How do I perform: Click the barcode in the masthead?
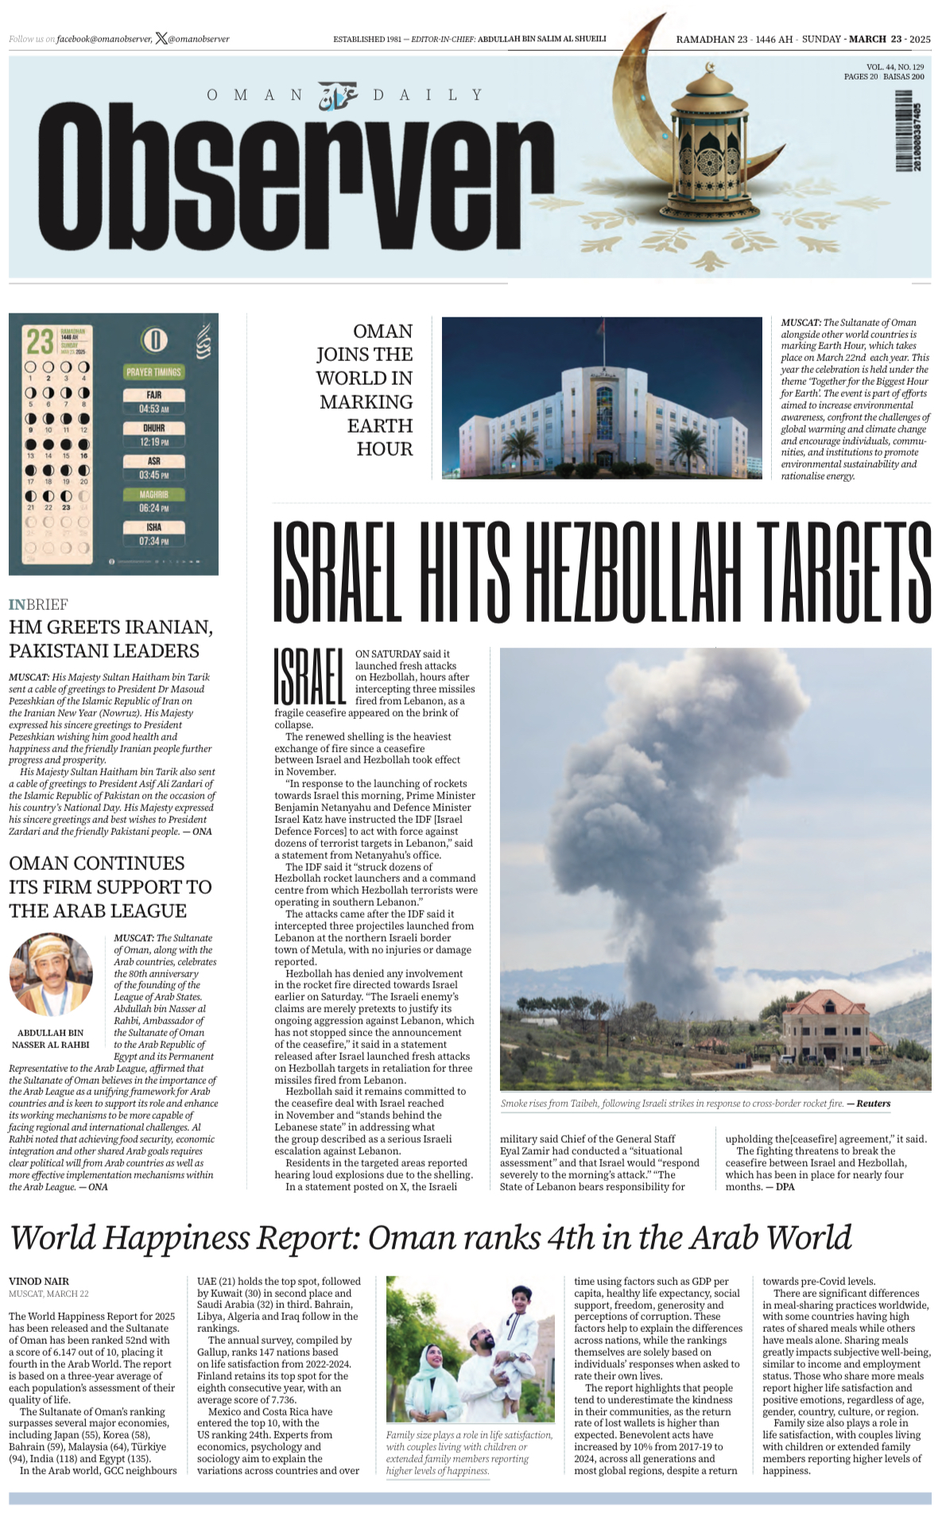tap(905, 131)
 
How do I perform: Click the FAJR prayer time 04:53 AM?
tap(154, 409)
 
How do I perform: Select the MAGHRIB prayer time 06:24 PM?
tap(154, 507)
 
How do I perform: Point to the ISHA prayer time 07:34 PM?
tap(154, 541)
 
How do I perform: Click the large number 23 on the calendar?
tap(40, 342)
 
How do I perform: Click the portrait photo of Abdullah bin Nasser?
tap(51, 975)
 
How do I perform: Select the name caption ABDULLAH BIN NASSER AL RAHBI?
tap(51, 1038)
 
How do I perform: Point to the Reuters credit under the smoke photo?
tap(873, 1104)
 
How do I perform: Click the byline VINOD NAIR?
tap(39, 1281)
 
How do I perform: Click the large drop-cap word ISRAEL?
tap(310, 677)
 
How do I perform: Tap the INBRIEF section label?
tap(38, 604)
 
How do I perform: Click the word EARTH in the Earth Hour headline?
tap(380, 425)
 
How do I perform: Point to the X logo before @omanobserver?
tap(161, 38)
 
